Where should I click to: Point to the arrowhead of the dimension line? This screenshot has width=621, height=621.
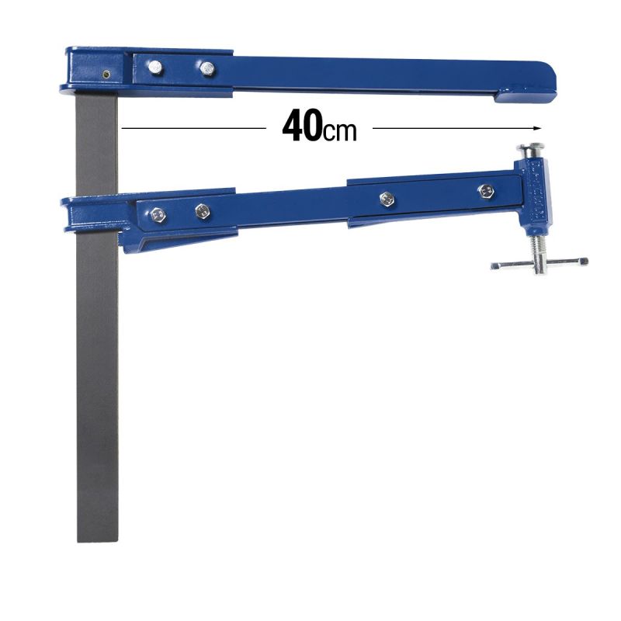pos(535,127)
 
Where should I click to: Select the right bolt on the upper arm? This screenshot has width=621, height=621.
pos(206,69)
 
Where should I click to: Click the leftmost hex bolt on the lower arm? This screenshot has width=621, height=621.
pos(161,213)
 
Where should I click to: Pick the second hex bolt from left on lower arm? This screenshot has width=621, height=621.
pos(202,210)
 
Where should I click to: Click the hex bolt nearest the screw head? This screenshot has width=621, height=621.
pos(486,190)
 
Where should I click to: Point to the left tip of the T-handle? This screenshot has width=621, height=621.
pos(494,266)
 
